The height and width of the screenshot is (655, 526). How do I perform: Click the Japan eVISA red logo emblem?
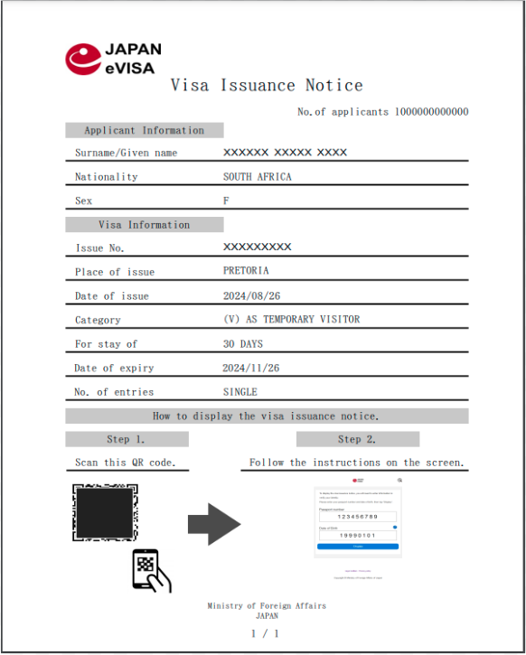[82, 59]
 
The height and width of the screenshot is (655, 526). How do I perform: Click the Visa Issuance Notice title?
[267, 86]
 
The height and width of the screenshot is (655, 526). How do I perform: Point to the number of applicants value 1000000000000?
[431, 112]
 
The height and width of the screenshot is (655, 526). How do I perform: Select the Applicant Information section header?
[144, 130]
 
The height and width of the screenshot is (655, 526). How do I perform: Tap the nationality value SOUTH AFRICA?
[258, 177]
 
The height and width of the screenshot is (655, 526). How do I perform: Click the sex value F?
[226, 201]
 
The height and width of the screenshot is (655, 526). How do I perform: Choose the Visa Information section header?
[144, 225]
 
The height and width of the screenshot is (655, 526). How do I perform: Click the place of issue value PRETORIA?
[246, 271]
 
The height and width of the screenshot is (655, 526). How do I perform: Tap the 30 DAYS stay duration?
[243, 344]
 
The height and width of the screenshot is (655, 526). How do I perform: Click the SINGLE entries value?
[240, 392]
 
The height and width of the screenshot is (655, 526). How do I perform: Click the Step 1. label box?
[127, 440]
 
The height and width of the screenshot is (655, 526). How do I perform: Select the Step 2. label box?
[357, 440]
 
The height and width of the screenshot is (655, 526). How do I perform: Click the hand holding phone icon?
[151, 571]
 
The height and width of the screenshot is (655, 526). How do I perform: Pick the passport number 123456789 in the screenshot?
[357, 516]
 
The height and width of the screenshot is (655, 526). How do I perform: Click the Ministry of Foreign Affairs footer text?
[267, 605]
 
